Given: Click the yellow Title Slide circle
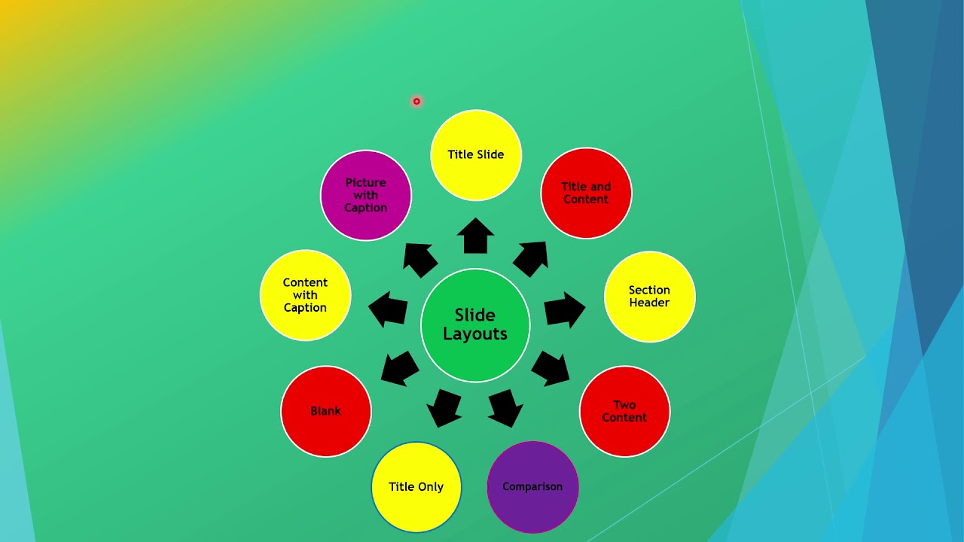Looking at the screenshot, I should pos(476,155).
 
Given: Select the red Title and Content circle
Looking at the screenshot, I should pos(586,193).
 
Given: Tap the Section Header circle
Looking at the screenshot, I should pos(649,297).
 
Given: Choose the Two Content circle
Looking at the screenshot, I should pos(624,411).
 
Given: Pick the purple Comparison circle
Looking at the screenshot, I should pos(532,486).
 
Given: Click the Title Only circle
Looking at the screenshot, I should pos(416,486).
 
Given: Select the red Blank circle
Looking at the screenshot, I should pos(326,411).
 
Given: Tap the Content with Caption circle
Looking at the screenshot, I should pos(305,295).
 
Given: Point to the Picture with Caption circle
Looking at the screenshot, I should pos(366,195).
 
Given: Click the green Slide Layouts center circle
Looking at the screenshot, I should pos(475,325).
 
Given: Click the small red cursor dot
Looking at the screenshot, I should pos(416,102).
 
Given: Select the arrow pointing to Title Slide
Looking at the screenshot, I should pos(475,236).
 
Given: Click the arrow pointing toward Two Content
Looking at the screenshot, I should pos(551,368).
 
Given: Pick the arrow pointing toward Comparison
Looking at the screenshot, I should pos(506,408).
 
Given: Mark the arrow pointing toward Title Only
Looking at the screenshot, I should pos(444,408).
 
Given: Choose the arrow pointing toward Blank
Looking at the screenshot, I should pos(400,368).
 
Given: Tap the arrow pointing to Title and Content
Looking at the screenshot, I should pos(531,259).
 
